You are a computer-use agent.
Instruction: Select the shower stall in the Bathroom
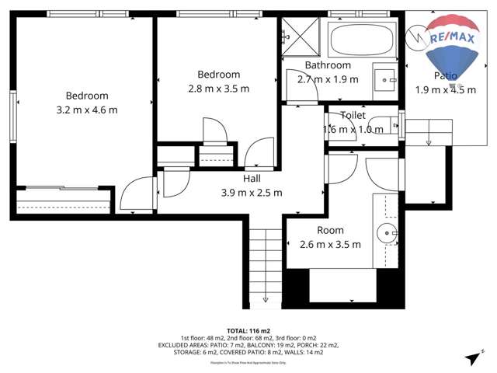tap(302, 36)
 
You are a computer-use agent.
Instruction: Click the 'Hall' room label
tap(252, 178)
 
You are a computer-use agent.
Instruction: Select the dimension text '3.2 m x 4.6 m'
tap(87, 110)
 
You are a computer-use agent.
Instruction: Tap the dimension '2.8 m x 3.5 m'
tap(218, 89)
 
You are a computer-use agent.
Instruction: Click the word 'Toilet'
tap(353, 115)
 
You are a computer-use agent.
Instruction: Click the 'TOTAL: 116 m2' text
tap(248, 330)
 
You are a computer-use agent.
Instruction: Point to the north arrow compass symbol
tap(472, 357)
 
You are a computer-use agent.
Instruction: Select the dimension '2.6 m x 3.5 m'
tap(330, 244)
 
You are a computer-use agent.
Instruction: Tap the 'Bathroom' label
tap(328, 65)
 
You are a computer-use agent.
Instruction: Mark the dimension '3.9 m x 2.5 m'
tap(252, 192)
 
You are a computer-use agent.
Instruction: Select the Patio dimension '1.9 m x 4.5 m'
tap(445, 89)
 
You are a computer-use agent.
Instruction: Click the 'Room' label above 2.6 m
tap(330, 230)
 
